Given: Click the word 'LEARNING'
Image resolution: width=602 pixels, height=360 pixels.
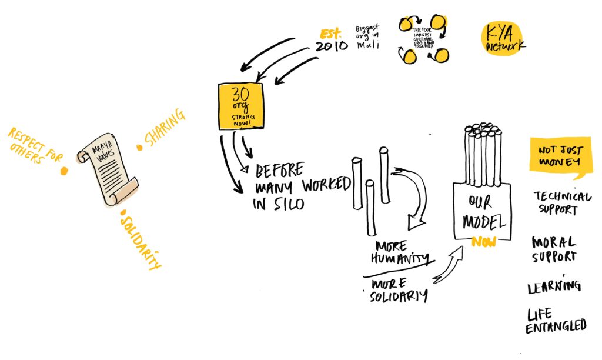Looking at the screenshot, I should pos(554,286).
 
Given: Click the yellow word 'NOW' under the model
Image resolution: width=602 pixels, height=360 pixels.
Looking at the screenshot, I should pos(483,242).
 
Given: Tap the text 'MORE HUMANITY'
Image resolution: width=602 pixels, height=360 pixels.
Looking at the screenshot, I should pos(399,252).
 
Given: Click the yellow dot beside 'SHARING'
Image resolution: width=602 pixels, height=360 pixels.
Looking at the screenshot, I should pos(140,147).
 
